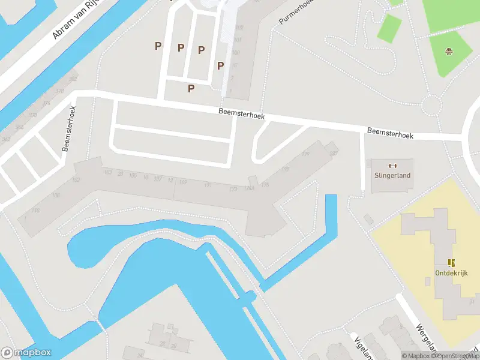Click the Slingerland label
(x=392, y=175)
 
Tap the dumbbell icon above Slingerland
(x=392, y=166)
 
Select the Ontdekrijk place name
(x=451, y=272)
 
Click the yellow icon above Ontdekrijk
(x=451, y=263)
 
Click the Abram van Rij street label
(x=74, y=19)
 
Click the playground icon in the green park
(x=448, y=52)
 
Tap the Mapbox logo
(x=26, y=353)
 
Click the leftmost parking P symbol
(x=158, y=46)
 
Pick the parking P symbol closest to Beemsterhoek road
(x=191, y=88)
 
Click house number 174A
(x=249, y=188)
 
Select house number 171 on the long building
(x=208, y=185)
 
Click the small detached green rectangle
(x=389, y=28)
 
